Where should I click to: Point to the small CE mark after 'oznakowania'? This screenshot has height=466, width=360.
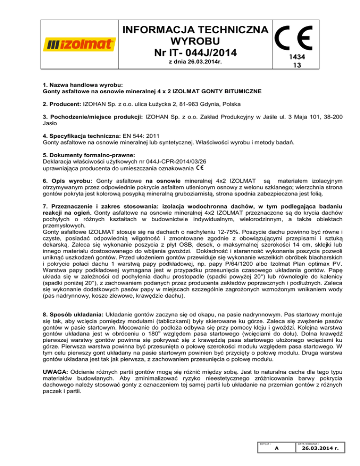[x=199, y=168]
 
